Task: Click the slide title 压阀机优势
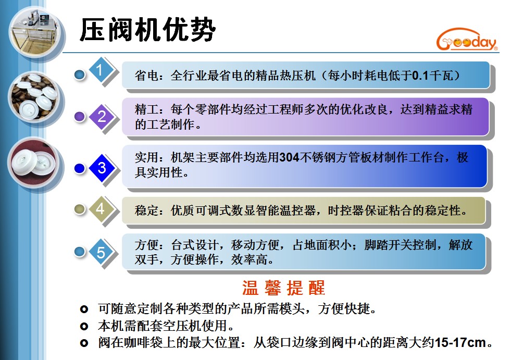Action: pyautogui.click(x=147, y=30)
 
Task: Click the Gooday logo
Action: pyautogui.click(x=467, y=40)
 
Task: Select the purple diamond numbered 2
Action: pyautogui.click(x=102, y=116)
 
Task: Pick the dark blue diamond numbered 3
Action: pyautogui.click(x=102, y=168)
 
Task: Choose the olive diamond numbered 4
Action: pyautogui.click(x=101, y=209)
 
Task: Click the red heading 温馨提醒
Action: pyautogui.click(x=283, y=288)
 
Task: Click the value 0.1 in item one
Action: pyautogui.click(x=420, y=76)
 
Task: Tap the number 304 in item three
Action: pyautogui.click(x=289, y=157)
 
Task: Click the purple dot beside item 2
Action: pyautogui.click(x=80, y=116)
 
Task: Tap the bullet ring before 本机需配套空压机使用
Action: pyautogui.click(x=84, y=326)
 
